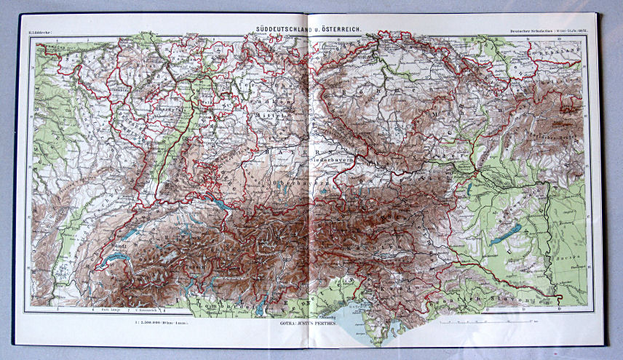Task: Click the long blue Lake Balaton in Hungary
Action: tap(505, 235)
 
